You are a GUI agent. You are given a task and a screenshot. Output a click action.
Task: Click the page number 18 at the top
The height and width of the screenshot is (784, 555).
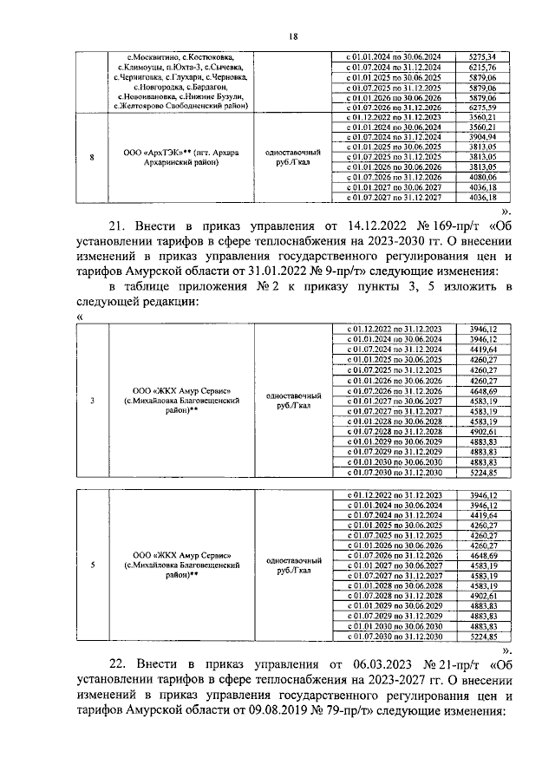tap(292, 36)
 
